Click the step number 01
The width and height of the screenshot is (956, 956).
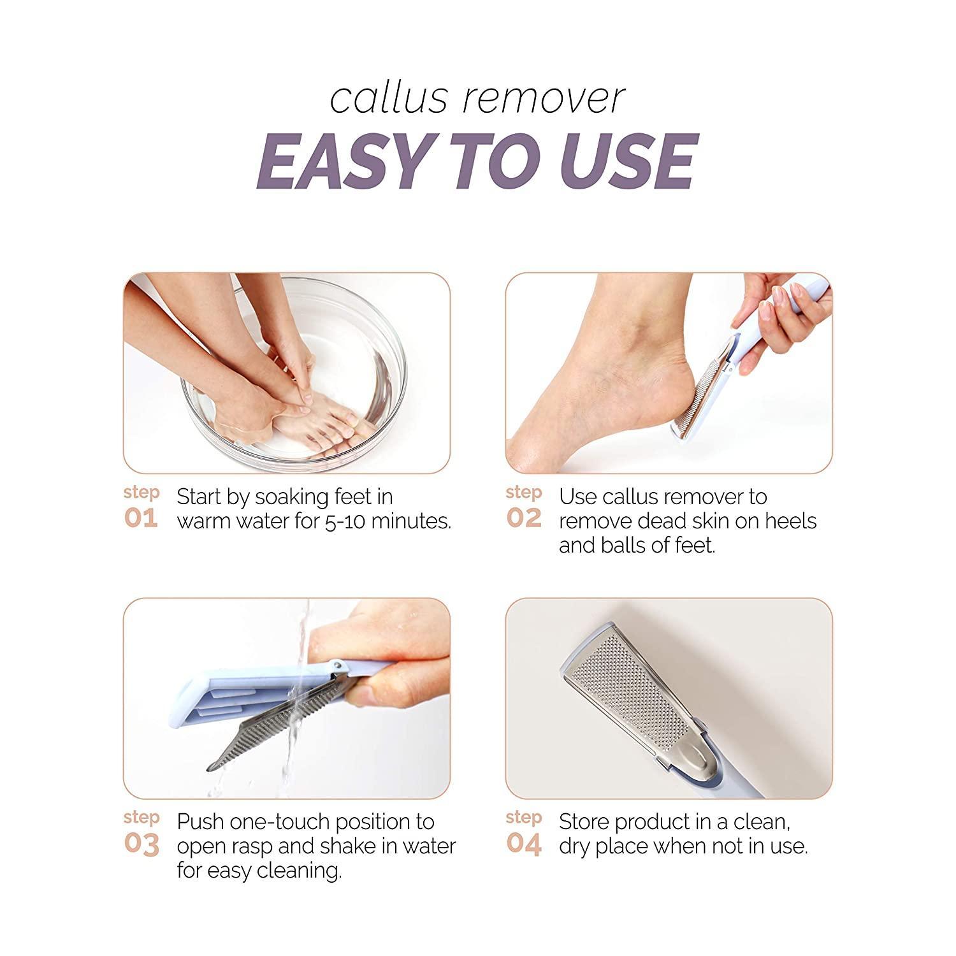click(x=141, y=518)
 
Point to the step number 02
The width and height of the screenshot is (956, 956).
click(x=524, y=518)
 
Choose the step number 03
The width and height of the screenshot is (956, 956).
click(x=141, y=844)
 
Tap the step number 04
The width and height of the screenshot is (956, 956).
click(x=524, y=844)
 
